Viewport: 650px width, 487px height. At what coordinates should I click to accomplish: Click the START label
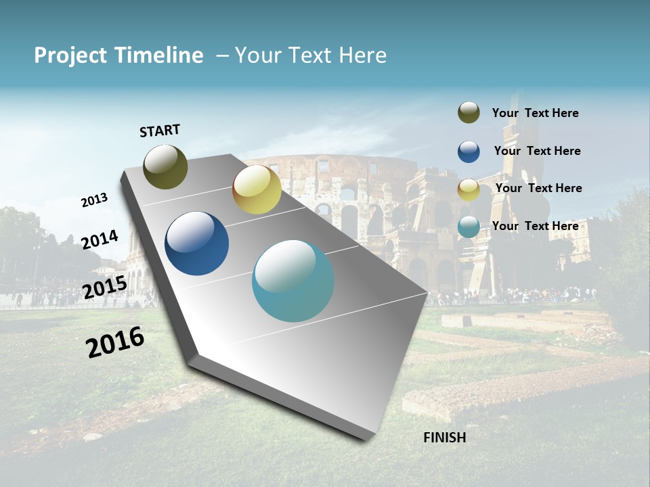coord(160,131)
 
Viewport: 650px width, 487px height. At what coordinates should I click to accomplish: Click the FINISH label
coord(444,438)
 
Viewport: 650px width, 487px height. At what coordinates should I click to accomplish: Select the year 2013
coord(94,200)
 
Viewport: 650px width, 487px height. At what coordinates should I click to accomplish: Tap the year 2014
coord(100,239)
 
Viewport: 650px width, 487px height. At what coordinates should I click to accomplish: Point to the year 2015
coord(104,287)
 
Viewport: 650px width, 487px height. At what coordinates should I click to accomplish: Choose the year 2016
coord(115,342)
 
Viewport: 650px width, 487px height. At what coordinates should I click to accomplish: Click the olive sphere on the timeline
coord(166,166)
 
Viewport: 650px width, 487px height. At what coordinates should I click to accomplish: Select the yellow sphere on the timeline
coord(257,189)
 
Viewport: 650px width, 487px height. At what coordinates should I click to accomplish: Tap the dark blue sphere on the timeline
coord(197,243)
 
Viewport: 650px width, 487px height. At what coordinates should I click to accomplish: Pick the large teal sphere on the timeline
coord(293,281)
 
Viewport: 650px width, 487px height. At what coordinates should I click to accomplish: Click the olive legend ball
coord(469,113)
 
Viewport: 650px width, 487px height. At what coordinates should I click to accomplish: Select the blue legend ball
coord(469,152)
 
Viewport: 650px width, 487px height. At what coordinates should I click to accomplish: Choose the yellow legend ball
coord(469,189)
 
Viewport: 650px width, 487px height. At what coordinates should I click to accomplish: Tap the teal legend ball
coord(469,227)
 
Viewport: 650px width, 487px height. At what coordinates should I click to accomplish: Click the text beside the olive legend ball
coord(535,114)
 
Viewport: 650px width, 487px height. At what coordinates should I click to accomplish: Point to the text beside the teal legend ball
coord(535,226)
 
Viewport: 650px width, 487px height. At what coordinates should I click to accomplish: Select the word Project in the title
coord(70,55)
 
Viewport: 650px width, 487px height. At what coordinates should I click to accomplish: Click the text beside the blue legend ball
coord(537,151)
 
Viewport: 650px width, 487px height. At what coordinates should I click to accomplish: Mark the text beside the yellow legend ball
coord(538,188)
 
